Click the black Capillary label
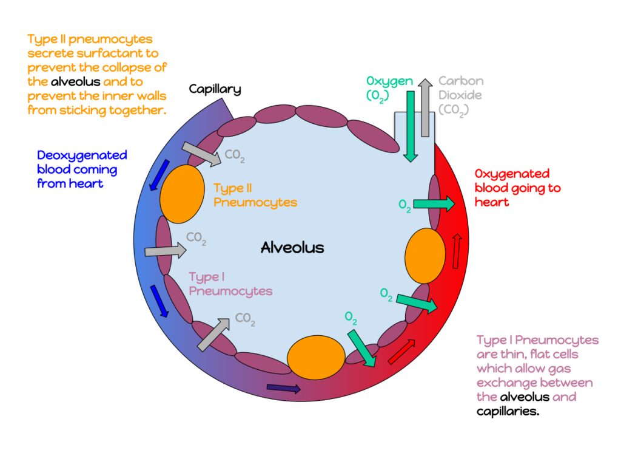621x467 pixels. (215, 89)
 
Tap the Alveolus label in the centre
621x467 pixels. (292, 247)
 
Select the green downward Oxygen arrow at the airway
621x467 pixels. (411, 126)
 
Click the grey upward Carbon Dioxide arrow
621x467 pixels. (425, 107)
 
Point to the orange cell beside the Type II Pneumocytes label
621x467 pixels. (182, 194)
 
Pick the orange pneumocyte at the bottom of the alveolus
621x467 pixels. (316, 357)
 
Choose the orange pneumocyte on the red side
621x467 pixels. (425, 256)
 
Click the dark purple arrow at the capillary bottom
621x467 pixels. (284, 388)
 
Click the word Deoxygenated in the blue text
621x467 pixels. (82, 155)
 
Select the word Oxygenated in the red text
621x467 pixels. (512, 174)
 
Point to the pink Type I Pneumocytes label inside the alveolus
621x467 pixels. (230, 284)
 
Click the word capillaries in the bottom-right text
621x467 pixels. (508, 411)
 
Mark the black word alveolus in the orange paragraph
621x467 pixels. (75, 81)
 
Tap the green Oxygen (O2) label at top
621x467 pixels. (389, 88)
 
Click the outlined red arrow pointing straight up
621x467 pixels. (457, 251)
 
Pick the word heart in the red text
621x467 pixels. (491, 202)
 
